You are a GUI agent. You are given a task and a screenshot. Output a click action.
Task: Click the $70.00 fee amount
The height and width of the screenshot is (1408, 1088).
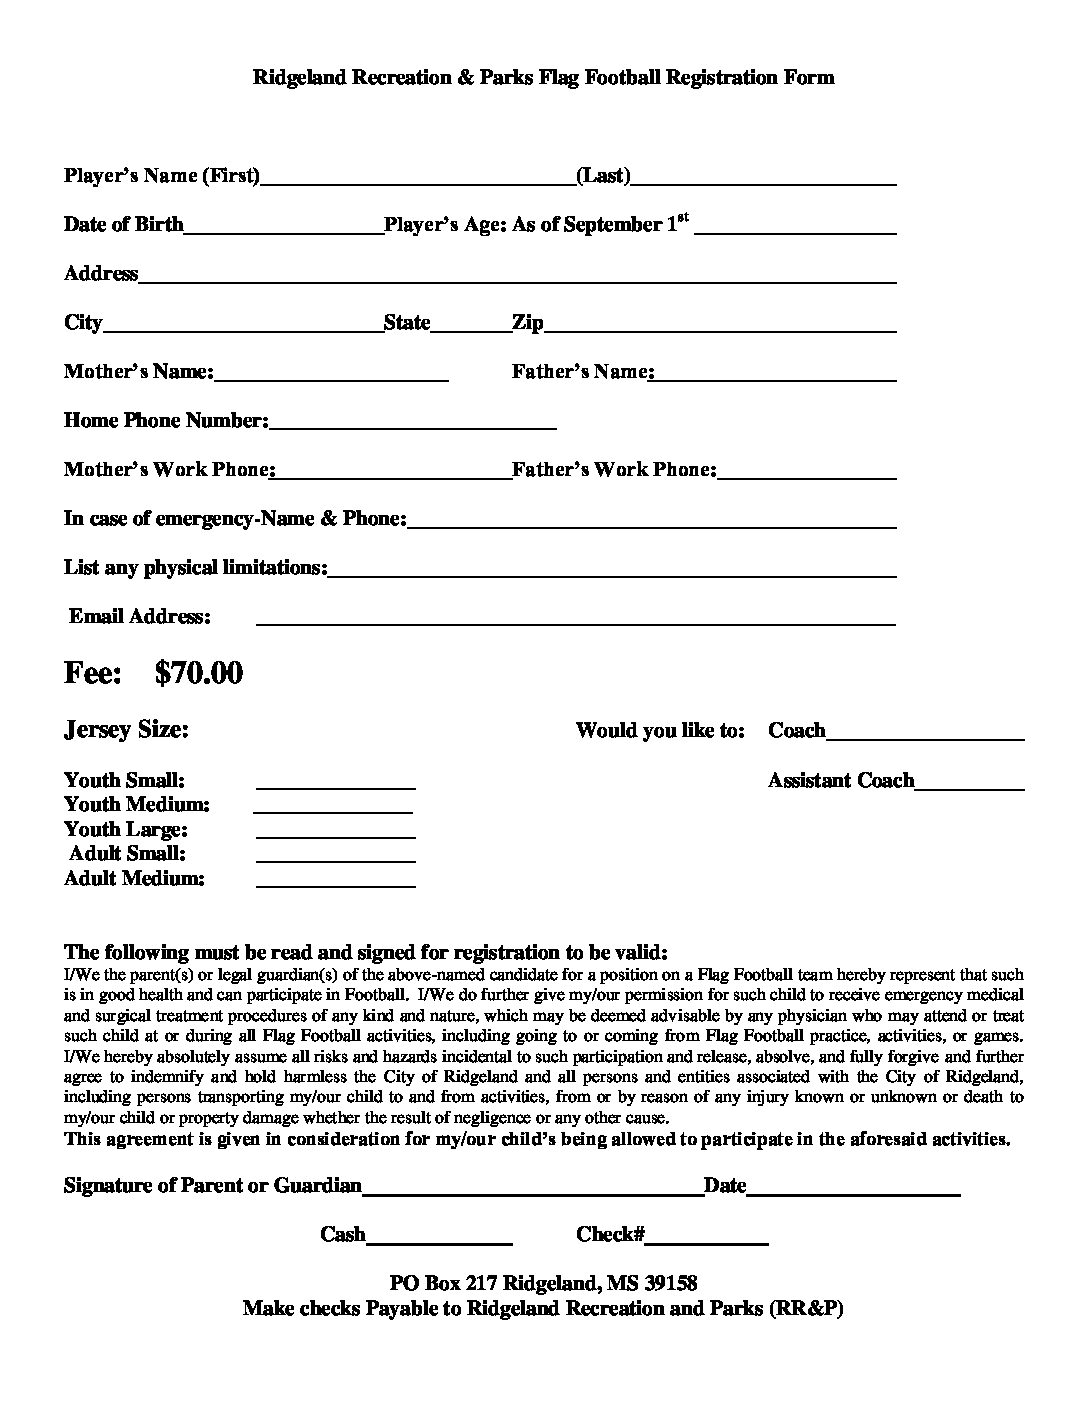tap(199, 673)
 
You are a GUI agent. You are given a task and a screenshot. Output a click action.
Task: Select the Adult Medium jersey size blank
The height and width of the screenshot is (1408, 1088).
tap(335, 883)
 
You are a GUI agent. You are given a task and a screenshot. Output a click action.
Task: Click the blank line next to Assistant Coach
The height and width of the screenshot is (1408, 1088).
tap(969, 785)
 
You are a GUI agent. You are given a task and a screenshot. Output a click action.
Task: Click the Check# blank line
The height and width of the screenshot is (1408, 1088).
tap(706, 1239)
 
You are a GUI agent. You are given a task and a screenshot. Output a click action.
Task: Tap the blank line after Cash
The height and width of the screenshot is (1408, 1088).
tap(439, 1239)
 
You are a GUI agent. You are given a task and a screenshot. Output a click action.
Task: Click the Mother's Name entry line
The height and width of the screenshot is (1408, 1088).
tap(331, 377)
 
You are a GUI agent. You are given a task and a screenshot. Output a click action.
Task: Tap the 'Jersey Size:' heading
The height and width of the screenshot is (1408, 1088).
tap(126, 730)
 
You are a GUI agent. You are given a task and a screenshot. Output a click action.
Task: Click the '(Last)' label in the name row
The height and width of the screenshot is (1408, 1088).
tap(603, 176)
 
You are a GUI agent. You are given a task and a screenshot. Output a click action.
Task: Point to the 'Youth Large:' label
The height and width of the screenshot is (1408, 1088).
tap(126, 829)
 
